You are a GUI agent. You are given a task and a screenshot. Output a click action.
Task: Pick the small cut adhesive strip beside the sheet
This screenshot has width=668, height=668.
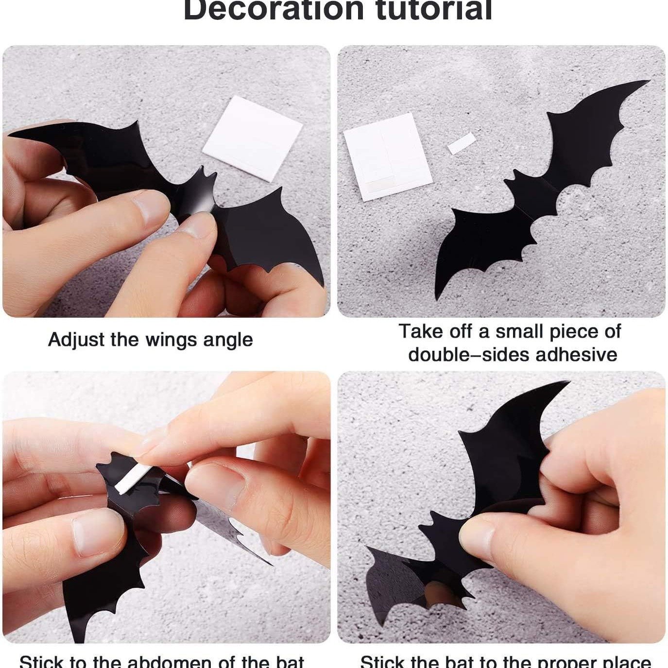click(x=461, y=145)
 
